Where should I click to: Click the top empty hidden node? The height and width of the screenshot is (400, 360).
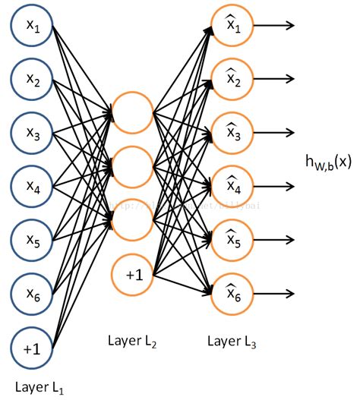[x=133, y=113]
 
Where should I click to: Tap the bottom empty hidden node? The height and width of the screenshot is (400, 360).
[x=133, y=219]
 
